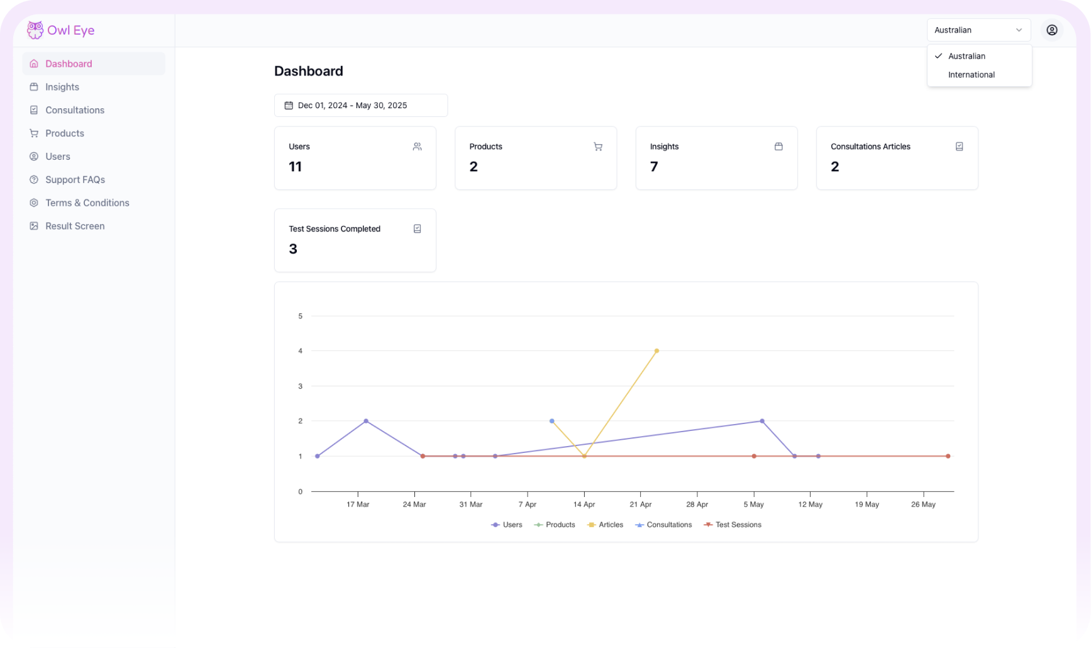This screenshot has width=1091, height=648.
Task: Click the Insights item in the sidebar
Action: [x=62, y=87]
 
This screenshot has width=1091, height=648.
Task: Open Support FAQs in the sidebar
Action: [x=75, y=179]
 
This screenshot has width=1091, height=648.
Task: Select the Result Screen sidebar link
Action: [x=75, y=226]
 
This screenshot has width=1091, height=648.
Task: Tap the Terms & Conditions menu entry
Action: [x=87, y=203]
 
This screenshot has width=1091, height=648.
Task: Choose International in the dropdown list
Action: [x=971, y=75]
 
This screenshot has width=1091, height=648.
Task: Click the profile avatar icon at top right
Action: [x=1051, y=30]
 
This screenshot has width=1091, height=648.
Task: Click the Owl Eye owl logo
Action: [x=35, y=30]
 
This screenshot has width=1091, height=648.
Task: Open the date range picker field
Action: [x=360, y=105]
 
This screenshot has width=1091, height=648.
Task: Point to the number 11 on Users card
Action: [x=295, y=167]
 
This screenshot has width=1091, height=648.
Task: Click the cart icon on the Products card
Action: [x=597, y=147]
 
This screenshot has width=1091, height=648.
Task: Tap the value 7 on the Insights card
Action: [x=654, y=167]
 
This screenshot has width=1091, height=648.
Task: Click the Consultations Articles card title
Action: [x=870, y=147]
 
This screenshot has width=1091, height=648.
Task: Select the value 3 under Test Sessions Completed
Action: [x=293, y=249]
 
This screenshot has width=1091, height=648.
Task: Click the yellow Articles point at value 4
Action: [x=656, y=351]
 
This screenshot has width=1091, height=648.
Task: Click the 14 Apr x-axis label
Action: [x=584, y=505]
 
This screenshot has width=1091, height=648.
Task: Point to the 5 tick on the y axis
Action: [x=300, y=316]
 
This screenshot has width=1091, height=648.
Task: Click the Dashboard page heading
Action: [x=308, y=71]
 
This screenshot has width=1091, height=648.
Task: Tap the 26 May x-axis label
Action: [x=922, y=505]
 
